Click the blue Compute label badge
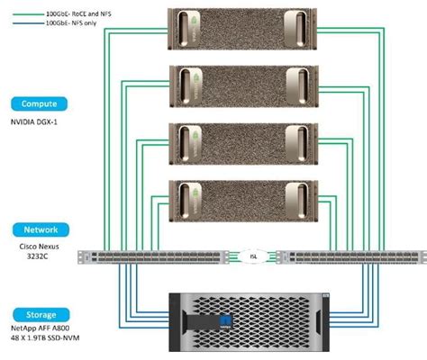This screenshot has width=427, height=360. point(39,103)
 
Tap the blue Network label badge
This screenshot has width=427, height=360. point(41,229)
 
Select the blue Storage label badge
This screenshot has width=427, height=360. point(41,315)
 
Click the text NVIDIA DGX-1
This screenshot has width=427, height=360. point(34,122)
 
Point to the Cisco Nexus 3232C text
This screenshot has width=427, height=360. point(39,251)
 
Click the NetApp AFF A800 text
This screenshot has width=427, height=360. point(41,328)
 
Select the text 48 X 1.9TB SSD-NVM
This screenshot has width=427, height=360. point(45,337)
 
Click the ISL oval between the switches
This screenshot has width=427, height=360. point(253,256)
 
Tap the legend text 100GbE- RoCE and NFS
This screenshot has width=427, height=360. point(78,13)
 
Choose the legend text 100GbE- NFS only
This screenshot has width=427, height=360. point(71,22)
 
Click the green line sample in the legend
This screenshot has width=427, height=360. point(28,14)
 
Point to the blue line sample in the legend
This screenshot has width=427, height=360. point(28,23)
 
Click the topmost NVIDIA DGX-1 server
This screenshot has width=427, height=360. point(242,29)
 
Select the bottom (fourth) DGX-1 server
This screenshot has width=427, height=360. point(243,201)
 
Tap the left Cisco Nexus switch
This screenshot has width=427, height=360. point(153,257)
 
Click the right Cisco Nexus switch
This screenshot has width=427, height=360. point(351,257)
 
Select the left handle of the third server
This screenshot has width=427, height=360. point(186,143)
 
